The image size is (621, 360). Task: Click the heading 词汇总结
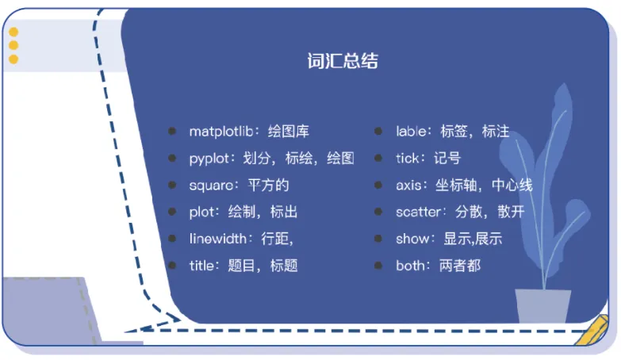[343, 61]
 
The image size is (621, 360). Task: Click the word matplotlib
[220, 132]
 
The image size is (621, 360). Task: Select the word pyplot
[208, 159]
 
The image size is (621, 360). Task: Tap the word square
[211, 186]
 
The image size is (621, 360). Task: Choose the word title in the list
[201, 266]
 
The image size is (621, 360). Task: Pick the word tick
[407, 159]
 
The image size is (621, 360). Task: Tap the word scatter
[419, 213]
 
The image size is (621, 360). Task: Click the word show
[412, 239]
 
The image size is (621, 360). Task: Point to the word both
[411, 266]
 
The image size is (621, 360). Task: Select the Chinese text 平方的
[269, 186]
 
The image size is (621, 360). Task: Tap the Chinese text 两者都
[460, 266]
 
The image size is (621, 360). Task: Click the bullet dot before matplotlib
[171, 132]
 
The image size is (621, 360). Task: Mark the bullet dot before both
[379, 266]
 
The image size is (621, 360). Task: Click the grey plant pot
[542, 306]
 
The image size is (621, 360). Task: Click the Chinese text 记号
[447, 159]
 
